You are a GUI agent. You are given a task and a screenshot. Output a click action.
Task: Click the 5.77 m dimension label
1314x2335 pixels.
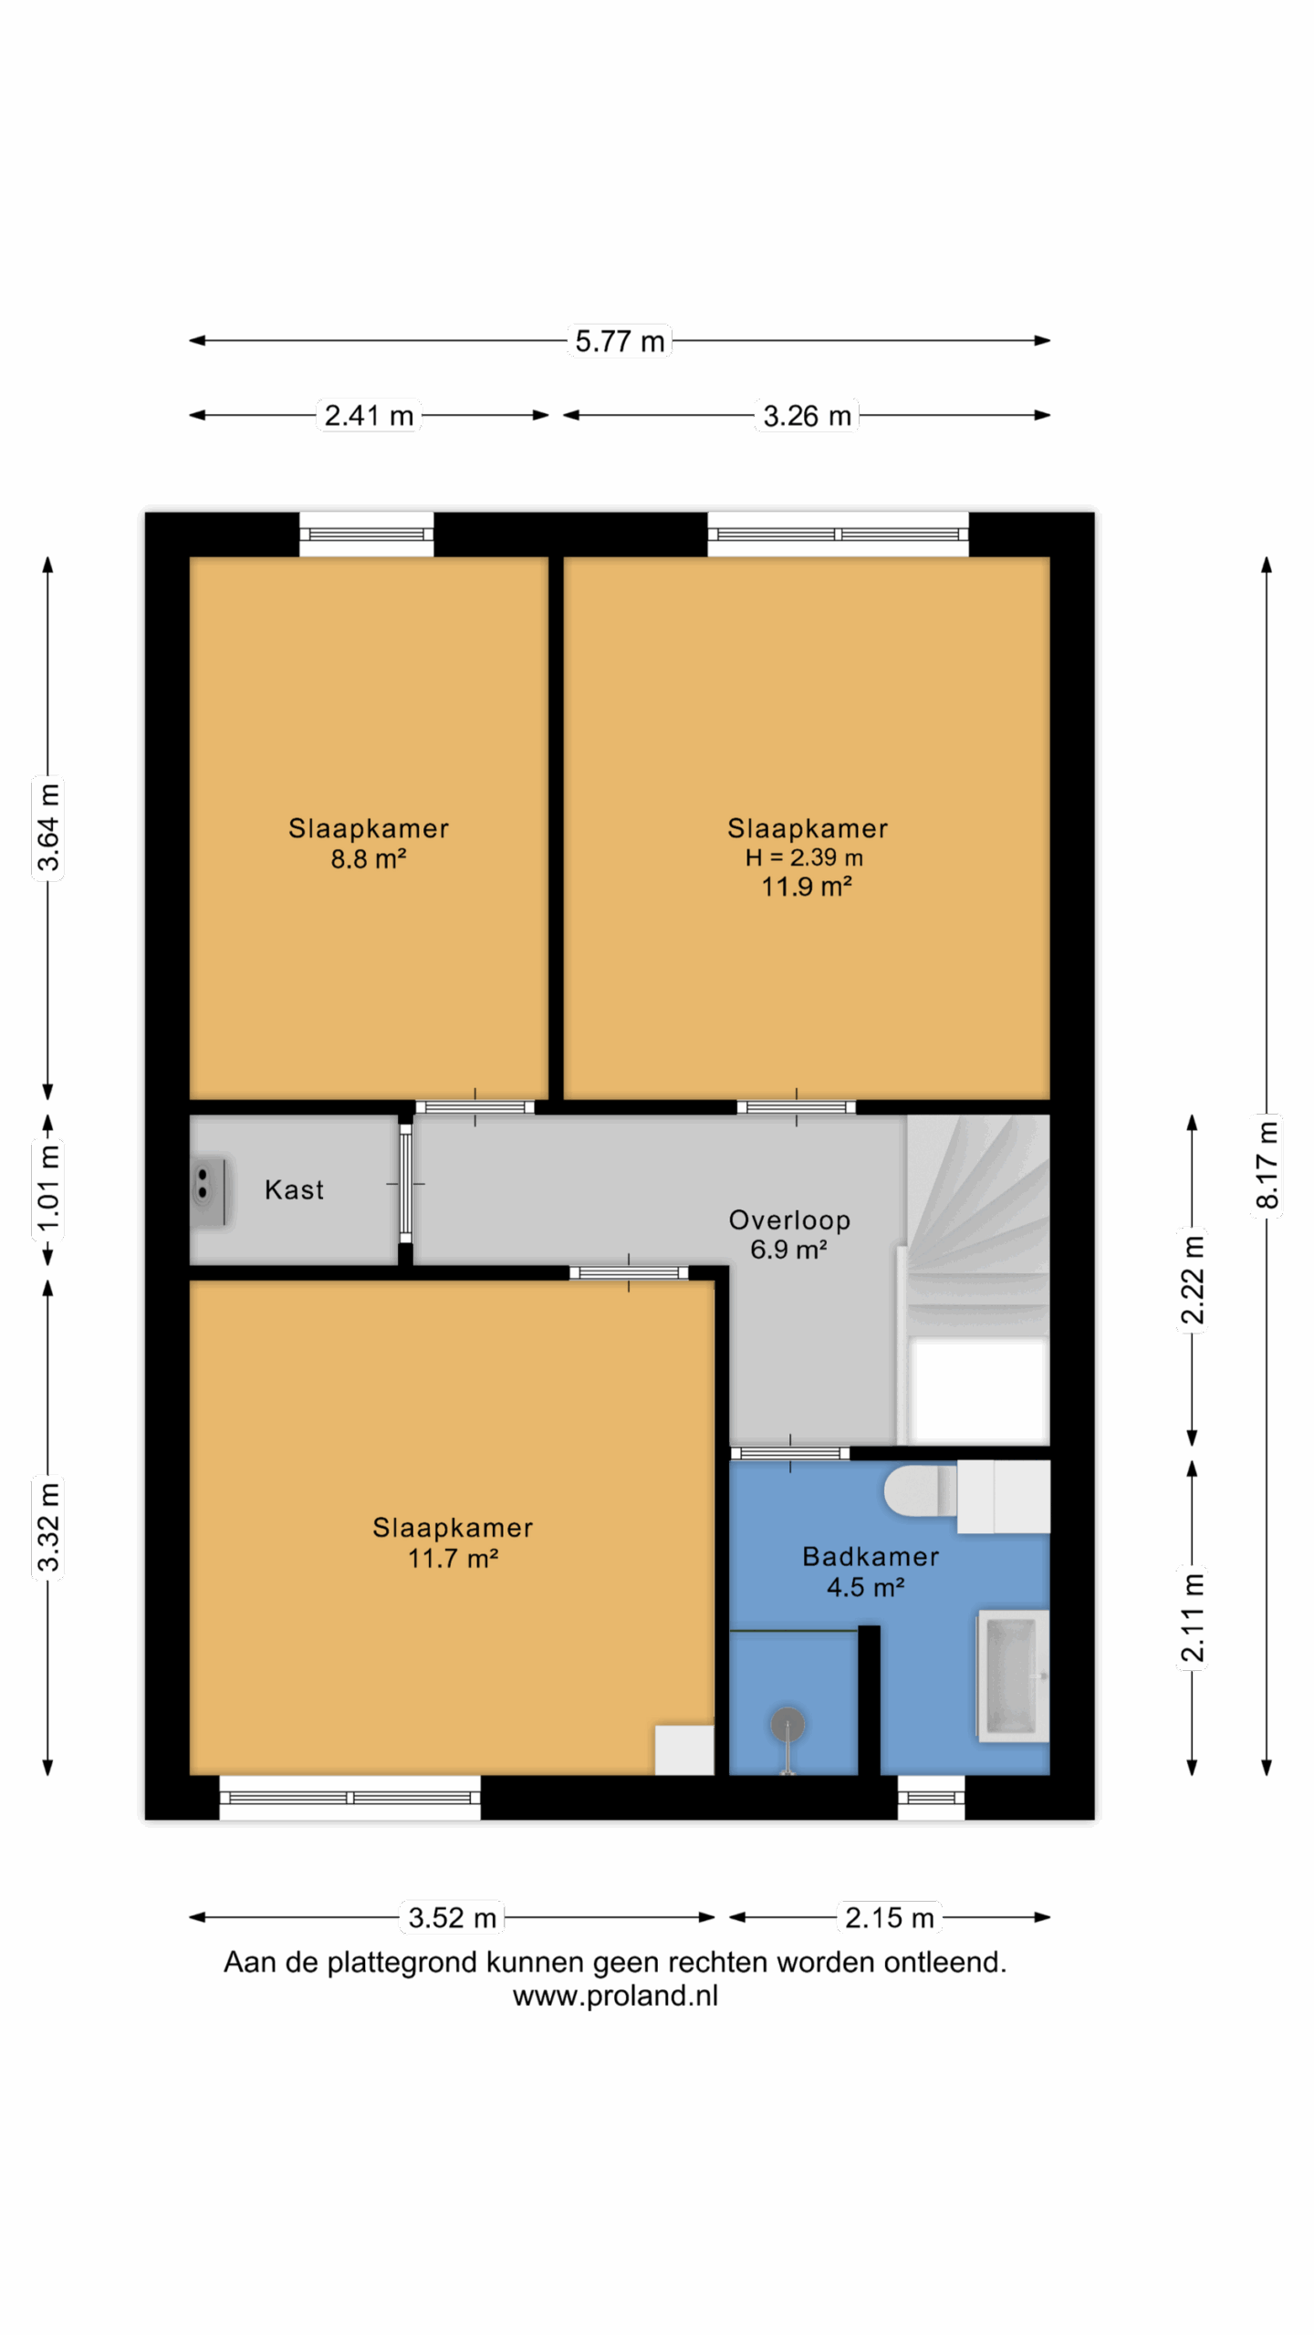(x=620, y=341)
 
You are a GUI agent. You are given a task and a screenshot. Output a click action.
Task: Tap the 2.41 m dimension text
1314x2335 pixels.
(x=369, y=416)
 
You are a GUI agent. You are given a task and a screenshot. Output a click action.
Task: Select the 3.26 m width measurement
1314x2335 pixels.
(x=807, y=416)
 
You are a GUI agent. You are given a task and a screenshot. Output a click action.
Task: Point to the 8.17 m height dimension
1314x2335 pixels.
(x=1267, y=1165)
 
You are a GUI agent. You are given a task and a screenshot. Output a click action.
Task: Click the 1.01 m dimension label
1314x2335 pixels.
(x=47, y=1187)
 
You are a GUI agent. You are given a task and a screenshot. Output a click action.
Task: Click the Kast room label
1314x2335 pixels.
(x=294, y=1189)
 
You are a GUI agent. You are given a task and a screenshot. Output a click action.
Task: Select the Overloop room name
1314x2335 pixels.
(x=789, y=1220)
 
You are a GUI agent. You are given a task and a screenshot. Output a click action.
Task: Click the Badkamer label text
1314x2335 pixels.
(x=871, y=1556)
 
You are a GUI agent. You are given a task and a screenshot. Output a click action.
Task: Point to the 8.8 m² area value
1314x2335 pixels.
(x=368, y=858)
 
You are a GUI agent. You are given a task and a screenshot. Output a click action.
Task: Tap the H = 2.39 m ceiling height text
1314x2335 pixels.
(x=804, y=857)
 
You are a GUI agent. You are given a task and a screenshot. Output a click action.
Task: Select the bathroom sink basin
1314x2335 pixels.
(x=1013, y=1676)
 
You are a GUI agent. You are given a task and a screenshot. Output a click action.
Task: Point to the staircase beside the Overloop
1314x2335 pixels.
(x=976, y=1279)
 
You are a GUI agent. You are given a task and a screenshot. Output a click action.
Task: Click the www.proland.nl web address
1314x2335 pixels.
(x=615, y=1997)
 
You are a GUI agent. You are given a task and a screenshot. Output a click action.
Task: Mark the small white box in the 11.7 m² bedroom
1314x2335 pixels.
(x=684, y=1749)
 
